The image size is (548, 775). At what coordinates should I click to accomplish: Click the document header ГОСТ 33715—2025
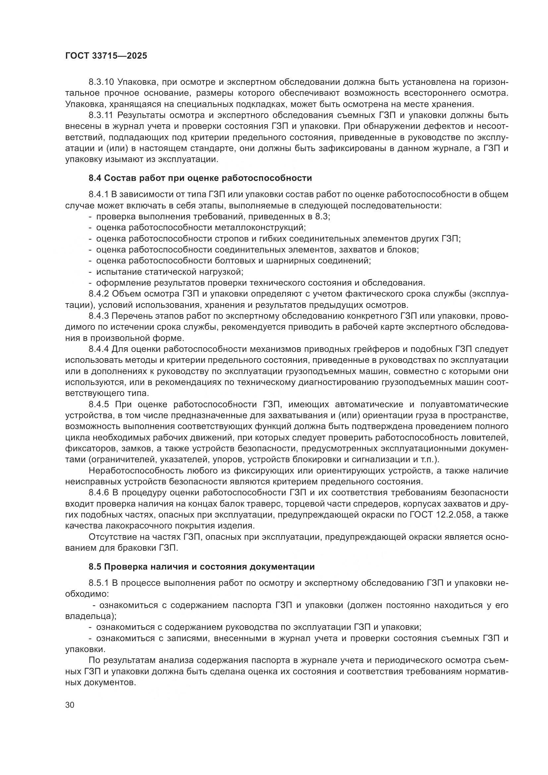point(106,56)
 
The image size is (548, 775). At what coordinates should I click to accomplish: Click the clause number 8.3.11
point(101,115)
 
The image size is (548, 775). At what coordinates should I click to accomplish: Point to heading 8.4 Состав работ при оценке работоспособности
point(200,178)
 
